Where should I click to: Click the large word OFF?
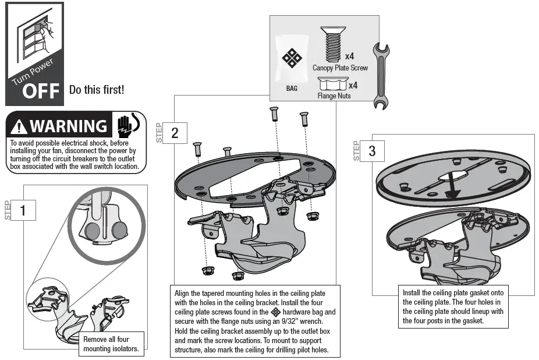[x=41, y=91]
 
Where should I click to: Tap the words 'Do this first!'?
[x=97, y=90]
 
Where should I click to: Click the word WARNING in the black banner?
[x=68, y=126]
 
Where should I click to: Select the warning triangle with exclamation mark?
[x=19, y=127]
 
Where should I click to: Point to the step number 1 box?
[x=23, y=210]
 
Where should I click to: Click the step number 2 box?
[x=175, y=133]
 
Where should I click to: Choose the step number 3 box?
[x=372, y=151]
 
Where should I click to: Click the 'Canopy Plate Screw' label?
[x=340, y=68]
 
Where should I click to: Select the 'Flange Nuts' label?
[x=334, y=96]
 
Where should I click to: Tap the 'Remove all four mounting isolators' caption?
[x=111, y=344]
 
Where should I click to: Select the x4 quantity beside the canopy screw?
[x=350, y=57]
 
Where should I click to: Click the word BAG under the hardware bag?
[x=292, y=89]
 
